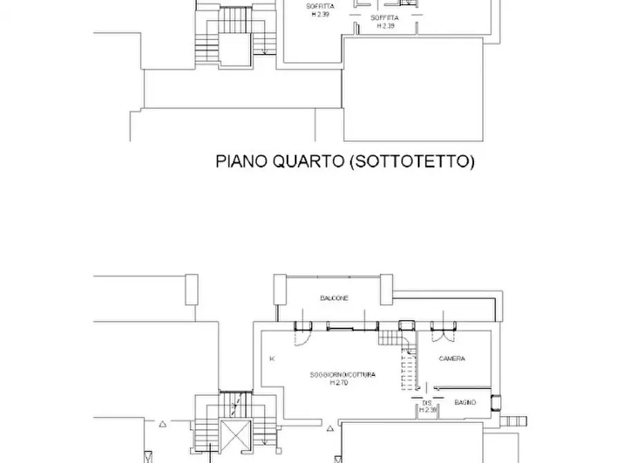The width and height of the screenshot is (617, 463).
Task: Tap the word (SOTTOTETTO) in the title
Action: coord(411,162)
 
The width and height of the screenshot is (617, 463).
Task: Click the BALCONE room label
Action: coord(334,299)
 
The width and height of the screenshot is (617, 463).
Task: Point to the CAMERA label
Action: coord(452,359)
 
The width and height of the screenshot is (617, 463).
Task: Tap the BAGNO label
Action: coord(465,401)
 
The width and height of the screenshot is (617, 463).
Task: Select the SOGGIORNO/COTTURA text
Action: coord(343,375)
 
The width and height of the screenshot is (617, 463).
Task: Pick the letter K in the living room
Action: coord(272,359)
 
